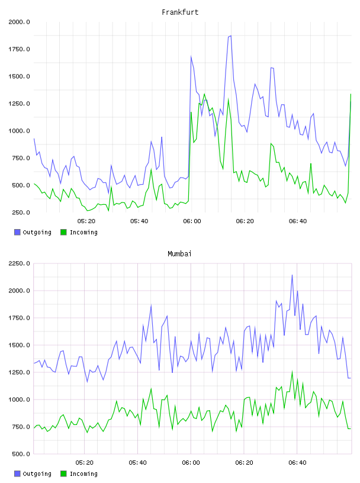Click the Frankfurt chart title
[x=180, y=12]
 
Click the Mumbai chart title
[x=179, y=254]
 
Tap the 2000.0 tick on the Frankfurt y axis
[x=19, y=22]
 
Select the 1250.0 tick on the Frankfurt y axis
[x=19, y=104]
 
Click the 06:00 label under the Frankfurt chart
[x=192, y=221]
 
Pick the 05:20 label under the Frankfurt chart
[x=86, y=221]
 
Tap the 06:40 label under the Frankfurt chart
[x=298, y=221]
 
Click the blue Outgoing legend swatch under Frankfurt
[x=17, y=232]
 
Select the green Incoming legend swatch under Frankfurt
[x=63, y=232]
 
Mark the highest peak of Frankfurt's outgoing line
[x=230, y=36]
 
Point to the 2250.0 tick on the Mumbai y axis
[x=19, y=263]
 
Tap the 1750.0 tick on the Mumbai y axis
[x=19, y=318]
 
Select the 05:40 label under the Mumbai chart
[x=138, y=463]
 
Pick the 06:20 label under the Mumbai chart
[x=244, y=463]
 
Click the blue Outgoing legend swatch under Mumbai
[x=17, y=474]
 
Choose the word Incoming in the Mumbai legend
[x=83, y=474]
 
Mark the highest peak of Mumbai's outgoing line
[x=292, y=275]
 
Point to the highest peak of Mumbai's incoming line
[x=292, y=372]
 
